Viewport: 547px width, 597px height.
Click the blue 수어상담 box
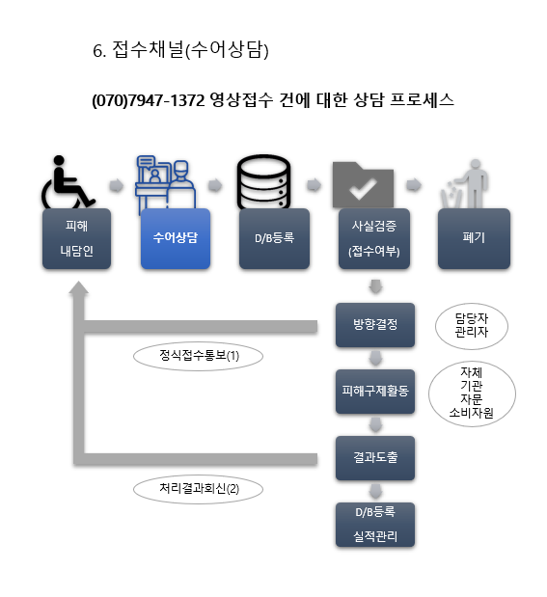tap(176, 238)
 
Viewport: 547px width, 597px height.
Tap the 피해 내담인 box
tap(76, 238)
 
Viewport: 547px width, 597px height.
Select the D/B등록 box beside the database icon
tap(274, 238)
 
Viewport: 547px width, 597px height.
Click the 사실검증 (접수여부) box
tap(374, 238)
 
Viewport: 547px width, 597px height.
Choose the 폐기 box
tap(474, 238)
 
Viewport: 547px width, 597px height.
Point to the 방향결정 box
tap(375, 325)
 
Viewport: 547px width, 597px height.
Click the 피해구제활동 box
tap(375, 391)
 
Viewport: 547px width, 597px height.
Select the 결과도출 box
tap(375, 458)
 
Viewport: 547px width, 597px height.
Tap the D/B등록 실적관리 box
tap(375, 525)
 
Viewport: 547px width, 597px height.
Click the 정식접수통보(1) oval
tap(198, 356)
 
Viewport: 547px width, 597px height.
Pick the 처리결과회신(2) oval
tap(198, 489)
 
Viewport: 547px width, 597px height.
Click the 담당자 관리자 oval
tap(472, 326)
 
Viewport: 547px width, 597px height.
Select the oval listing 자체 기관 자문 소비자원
tap(472, 393)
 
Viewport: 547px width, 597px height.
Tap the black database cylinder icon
tap(263, 181)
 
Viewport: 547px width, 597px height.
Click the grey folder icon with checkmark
tap(363, 185)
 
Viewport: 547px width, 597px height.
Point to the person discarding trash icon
tap(465, 183)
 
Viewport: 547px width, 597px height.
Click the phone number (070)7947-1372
tap(149, 100)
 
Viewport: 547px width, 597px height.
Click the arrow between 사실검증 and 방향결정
tap(376, 286)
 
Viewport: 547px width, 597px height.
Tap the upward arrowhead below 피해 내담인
tap(78, 288)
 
